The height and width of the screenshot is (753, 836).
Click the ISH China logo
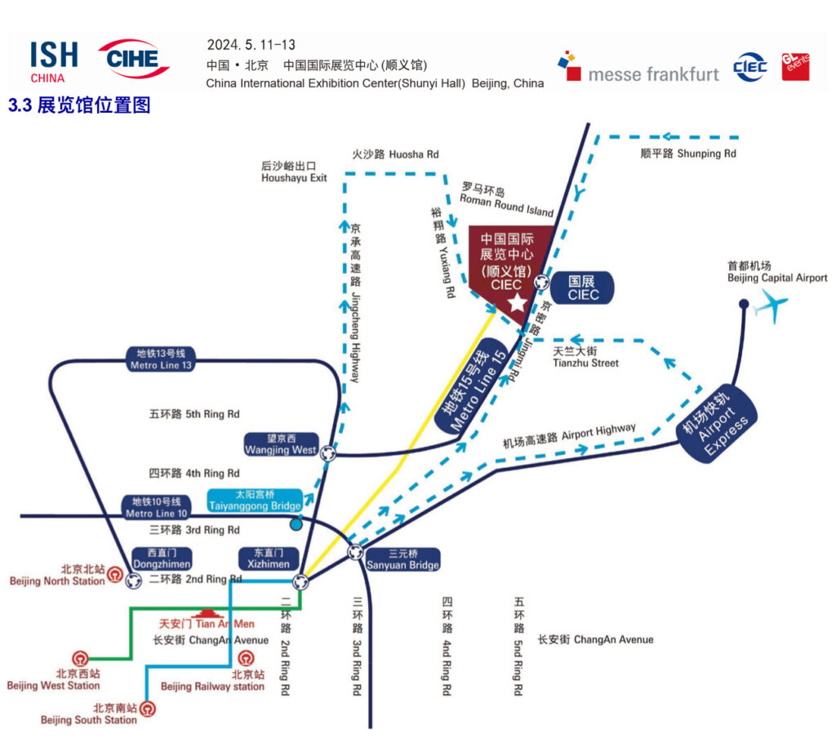click(54, 61)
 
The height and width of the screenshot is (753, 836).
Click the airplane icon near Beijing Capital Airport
click(772, 307)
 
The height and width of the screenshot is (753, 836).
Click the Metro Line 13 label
click(161, 359)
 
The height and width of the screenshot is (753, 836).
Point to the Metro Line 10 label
click(157, 507)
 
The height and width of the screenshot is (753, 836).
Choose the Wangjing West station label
click(281, 444)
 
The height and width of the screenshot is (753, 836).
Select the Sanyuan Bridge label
click(402, 559)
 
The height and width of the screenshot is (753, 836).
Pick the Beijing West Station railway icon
click(80, 658)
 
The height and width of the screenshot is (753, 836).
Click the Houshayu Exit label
click(294, 172)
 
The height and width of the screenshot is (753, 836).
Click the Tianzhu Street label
click(585, 357)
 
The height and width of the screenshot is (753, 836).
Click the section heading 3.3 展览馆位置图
click(79, 105)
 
